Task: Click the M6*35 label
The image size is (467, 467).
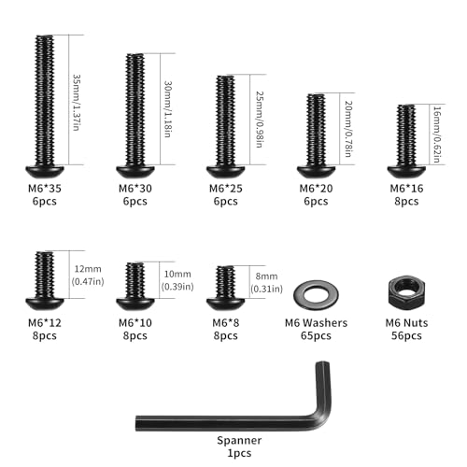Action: click(45, 189)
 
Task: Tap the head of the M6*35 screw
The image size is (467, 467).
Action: click(45, 172)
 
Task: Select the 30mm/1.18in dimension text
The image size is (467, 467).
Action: click(168, 109)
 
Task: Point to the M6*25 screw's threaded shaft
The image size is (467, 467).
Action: click(226, 120)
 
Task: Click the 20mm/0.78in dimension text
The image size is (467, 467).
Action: click(348, 129)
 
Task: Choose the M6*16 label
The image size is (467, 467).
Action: click(406, 189)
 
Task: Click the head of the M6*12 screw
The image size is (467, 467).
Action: click(45, 304)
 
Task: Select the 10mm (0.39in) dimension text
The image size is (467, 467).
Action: click(177, 280)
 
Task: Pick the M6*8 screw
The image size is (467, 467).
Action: click(226, 288)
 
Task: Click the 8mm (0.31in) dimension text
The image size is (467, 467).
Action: click(266, 282)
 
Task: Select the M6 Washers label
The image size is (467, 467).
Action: click(316, 323)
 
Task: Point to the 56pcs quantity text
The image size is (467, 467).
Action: click(406, 336)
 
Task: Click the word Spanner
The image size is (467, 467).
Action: click(239, 440)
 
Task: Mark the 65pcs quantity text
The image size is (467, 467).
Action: click(316, 336)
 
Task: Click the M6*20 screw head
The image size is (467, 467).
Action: click(317, 172)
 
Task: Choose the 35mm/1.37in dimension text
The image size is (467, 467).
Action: click(77, 103)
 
